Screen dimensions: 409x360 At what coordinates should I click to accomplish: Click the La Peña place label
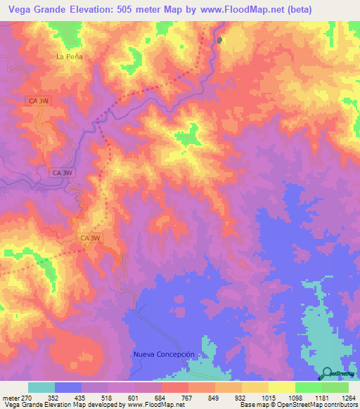click(x=70, y=56)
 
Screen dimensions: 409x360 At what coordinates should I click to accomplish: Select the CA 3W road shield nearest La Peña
click(x=37, y=101)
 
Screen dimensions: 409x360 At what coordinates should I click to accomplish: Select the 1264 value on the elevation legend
click(x=349, y=397)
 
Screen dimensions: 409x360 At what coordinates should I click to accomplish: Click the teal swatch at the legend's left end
click(x=41, y=387)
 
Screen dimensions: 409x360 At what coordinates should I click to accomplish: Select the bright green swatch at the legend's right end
click(x=335, y=387)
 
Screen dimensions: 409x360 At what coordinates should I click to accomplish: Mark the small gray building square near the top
click(x=219, y=40)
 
